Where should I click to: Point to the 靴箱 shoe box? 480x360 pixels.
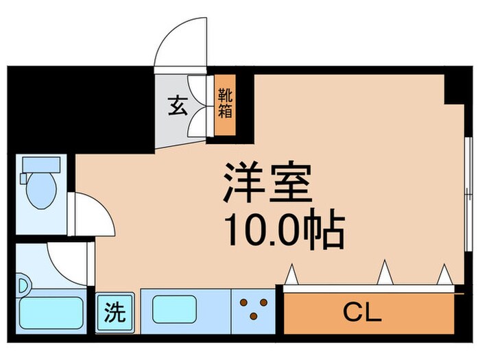(x=224, y=104)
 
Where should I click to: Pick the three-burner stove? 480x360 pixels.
(x=252, y=308)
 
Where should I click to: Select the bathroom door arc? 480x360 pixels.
(x=69, y=261)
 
